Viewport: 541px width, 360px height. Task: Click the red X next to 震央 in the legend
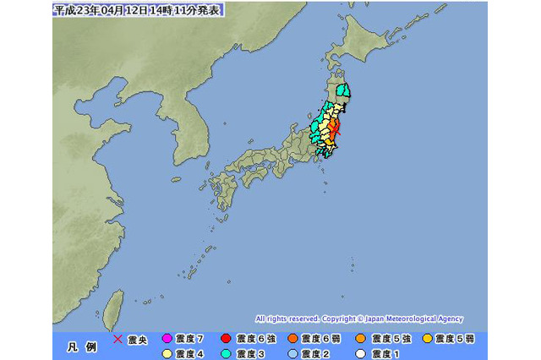(x=117, y=340)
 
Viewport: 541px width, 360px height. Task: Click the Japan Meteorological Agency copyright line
(x=358, y=319)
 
